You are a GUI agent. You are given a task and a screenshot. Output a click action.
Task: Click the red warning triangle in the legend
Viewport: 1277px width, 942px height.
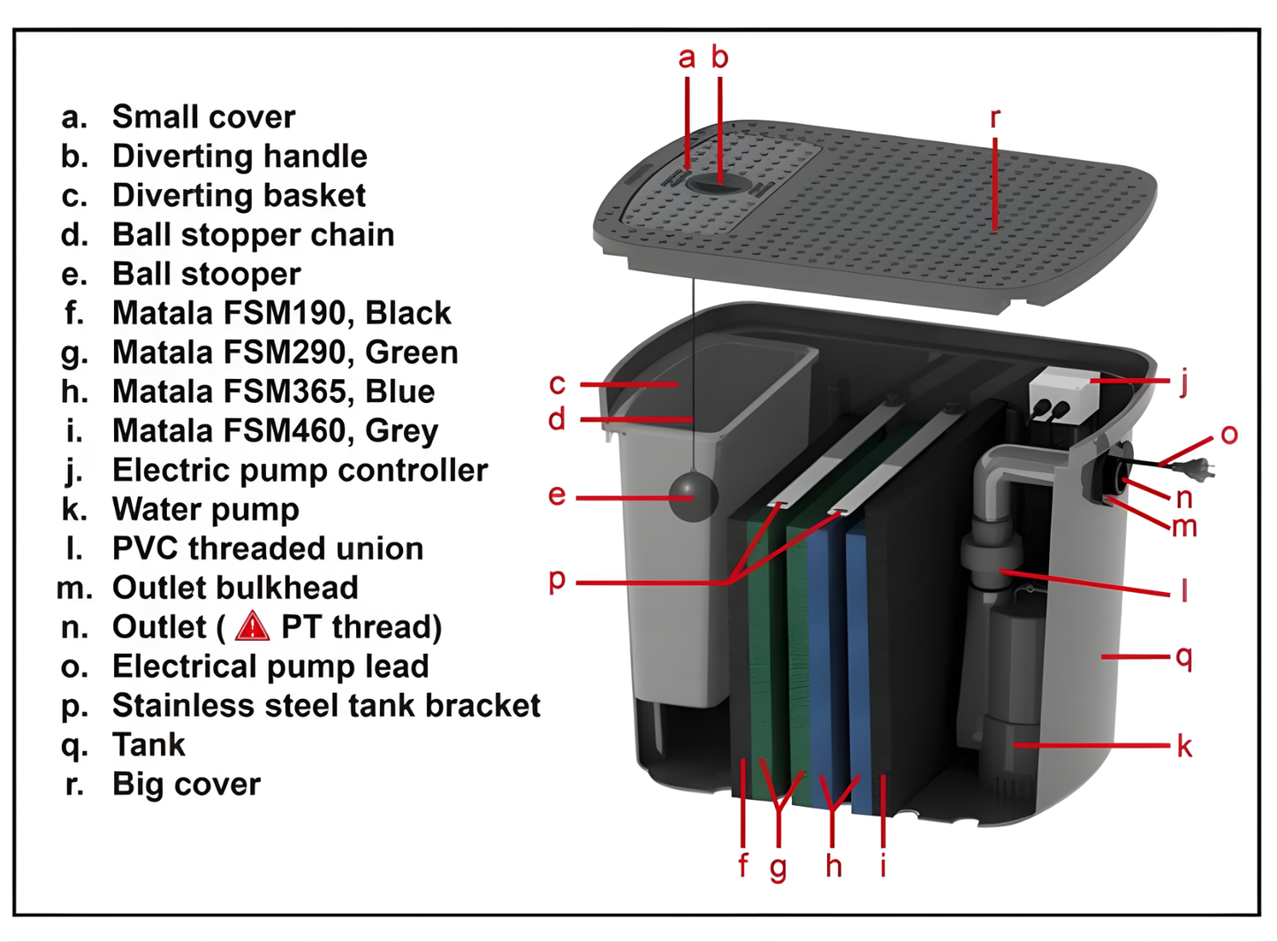[252, 626]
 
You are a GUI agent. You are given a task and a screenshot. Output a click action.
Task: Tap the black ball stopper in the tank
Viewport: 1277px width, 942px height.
[692, 497]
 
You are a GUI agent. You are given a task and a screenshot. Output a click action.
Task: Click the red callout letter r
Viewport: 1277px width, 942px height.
[995, 118]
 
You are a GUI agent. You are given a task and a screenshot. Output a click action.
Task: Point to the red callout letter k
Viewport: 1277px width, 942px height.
[1184, 747]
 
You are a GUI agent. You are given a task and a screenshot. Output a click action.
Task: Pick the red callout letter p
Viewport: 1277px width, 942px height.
[557, 581]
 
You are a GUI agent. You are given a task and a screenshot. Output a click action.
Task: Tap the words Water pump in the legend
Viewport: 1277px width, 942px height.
[205, 509]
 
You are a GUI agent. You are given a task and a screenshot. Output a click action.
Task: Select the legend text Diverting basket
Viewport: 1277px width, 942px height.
[239, 195]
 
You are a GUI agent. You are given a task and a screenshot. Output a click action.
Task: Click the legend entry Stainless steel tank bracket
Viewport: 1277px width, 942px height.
[325, 705]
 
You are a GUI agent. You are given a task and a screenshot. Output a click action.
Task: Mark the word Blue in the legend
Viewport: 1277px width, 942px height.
[400, 391]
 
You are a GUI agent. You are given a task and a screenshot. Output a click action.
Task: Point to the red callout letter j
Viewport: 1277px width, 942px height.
[1184, 381]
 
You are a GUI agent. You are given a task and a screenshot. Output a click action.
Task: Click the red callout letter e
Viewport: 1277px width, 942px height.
[556, 495]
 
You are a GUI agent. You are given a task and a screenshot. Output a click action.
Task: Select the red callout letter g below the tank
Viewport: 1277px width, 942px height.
[778, 868]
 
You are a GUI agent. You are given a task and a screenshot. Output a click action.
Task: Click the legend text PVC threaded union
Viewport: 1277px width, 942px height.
[267, 548]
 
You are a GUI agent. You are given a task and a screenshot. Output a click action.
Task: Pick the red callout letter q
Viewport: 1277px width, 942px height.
[1184, 657]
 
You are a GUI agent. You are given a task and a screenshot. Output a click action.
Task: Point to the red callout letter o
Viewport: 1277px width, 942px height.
[1228, 434]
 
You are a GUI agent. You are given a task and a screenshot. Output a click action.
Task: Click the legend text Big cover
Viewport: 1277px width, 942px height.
[186, 784]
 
